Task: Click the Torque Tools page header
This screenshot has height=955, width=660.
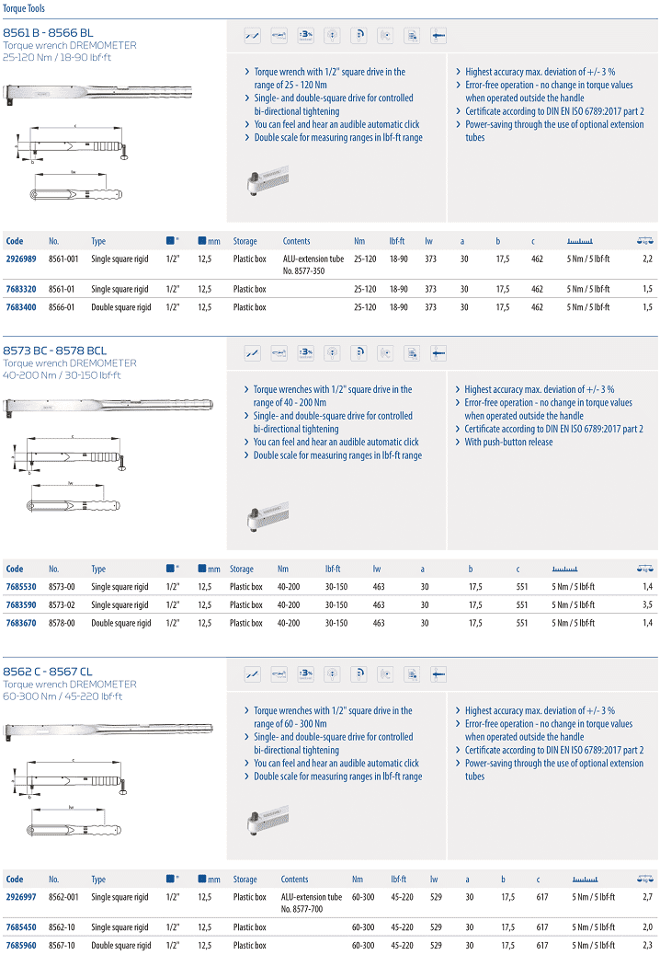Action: click(x=22, y=8)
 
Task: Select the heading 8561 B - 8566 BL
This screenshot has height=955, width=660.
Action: click(x=48, y=32)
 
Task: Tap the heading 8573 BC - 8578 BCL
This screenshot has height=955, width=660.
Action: click(x=55, y=351)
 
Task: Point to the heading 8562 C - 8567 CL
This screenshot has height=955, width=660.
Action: click(x=48, y=672)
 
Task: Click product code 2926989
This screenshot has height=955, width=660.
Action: click(x=21, y=259)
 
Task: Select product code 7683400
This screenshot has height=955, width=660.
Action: click(x=21, y=307)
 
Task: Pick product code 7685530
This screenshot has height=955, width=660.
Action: click(x=21, y=587)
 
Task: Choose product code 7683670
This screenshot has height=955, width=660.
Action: click(x=21, y=623)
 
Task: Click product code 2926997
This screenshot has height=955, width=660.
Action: click(x=21, y=897)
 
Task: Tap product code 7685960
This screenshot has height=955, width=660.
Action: click(x=21, y=945)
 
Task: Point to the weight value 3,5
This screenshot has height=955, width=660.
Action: click(x=647, y=605)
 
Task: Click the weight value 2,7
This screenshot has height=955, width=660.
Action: click(x=647, y=897)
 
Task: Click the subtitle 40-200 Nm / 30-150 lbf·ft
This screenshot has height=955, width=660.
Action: click(x=62, y=375)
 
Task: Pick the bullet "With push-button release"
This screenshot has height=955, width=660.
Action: click(x=508, y=443)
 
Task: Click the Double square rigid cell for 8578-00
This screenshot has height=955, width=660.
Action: click(x=120, y=623)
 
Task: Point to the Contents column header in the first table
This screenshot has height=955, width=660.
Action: click(x=296, y=241)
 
